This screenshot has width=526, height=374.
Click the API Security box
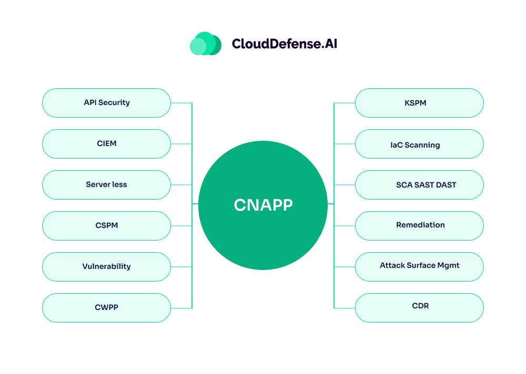[x=106, y=103]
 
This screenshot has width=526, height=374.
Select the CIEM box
[x=106, y=144]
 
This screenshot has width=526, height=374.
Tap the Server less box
[x=106, y=185]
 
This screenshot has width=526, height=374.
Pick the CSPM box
[x=106, y=226]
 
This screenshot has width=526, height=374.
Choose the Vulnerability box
[x=106, y=267]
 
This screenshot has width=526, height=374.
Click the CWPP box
[x=106, y=308]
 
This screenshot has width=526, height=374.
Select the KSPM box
[x=419, y=103]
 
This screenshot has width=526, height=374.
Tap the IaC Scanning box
[x=419, y=144]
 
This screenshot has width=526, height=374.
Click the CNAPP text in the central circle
[x=263, y=205]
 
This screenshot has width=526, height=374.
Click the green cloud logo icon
[x=205, y=44]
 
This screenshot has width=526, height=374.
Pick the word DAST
[x=446, y=185]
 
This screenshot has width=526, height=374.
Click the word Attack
[x=392, y=265]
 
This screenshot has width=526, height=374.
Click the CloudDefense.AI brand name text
[x=284, y=44]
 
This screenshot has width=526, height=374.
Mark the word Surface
[x=421, y=265]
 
